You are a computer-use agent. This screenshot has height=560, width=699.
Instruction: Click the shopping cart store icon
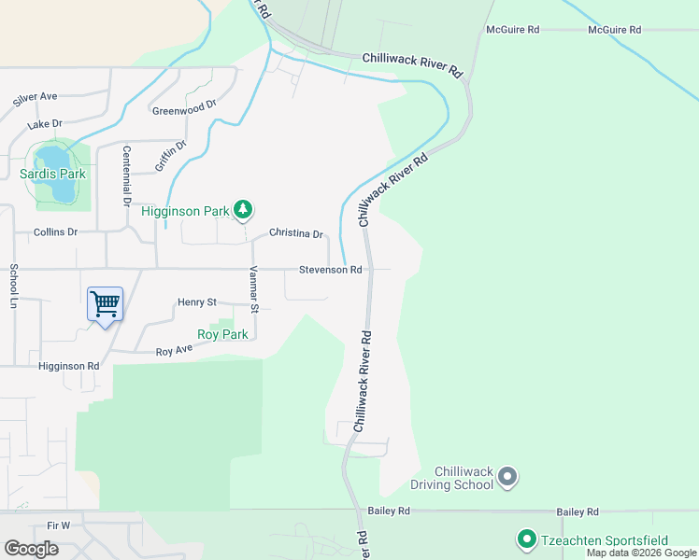coord(105,302)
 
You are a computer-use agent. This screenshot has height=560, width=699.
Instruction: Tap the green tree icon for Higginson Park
coord(243,210)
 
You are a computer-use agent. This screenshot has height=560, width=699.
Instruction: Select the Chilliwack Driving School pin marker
coord(507,477)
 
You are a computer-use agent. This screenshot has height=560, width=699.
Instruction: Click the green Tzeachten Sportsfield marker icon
coord(526,539)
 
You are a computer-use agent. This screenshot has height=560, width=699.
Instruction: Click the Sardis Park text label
coord(52,175)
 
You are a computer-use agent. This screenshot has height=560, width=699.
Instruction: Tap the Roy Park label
coord(222,334)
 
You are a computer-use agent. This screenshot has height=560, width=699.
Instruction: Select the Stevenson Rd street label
coord(330,270)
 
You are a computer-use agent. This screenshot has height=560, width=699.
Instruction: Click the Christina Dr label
coord(295,233)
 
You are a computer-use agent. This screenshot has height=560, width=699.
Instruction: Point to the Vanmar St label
coord(253,289)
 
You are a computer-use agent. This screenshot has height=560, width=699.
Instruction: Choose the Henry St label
coord(196,302)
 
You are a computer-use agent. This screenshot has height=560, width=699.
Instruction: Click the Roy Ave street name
coord(173,351)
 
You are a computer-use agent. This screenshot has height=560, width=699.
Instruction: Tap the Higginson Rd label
coord(68,367)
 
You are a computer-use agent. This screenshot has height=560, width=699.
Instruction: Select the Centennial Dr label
coord(126,175)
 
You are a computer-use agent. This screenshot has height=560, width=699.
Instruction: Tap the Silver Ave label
coord(36,96)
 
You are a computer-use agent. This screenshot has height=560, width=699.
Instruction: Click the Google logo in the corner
coord(31,549)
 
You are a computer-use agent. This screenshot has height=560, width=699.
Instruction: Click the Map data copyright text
coord(641,553)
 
